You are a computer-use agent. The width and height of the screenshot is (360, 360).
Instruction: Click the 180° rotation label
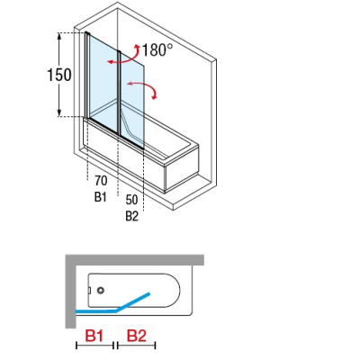[157, 49]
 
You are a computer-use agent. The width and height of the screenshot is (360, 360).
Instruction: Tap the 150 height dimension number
[59, 75]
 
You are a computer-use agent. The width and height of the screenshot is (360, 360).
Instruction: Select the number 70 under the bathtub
[101, 181]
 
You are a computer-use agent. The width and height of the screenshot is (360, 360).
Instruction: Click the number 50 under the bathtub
[131, 200]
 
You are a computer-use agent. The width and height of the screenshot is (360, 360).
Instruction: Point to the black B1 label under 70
[101, 197]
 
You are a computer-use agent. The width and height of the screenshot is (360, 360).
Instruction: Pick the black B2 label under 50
[132, 216]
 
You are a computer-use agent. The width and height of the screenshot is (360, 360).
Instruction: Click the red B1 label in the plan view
[94, 336]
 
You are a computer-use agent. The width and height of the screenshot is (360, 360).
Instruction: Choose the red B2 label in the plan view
[137, 336]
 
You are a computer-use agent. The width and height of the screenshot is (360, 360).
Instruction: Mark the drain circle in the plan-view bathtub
[101, 290]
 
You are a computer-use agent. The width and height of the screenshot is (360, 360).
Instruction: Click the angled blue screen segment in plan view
[132, 301]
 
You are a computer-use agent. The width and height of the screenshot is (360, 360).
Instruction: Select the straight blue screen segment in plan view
[95, 311]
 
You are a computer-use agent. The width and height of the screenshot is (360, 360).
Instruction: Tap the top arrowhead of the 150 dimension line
[59, 36]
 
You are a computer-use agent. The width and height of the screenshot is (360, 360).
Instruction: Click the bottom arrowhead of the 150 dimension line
[59, 112]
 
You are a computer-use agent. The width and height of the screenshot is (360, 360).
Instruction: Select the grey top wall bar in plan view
[135, 260]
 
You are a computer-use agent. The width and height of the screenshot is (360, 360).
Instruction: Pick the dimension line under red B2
[137, 346]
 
